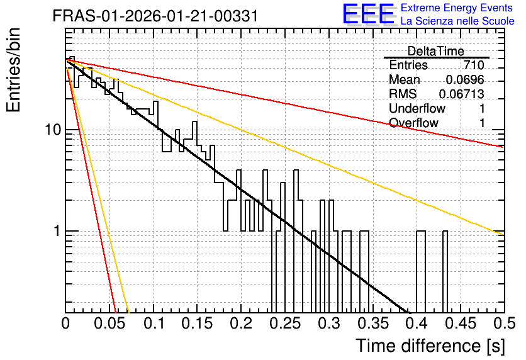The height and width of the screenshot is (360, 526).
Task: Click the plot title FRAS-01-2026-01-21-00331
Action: tap(155, 16)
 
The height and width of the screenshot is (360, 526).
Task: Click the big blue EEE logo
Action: tap(369, 14)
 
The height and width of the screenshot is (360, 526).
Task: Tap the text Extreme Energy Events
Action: tap(457, 8)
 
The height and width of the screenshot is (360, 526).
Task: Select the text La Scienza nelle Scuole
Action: tap(457, 21)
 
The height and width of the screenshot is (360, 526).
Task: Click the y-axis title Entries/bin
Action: tap(13, 70)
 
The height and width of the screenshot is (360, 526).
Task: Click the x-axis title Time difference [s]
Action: tap(430, 346)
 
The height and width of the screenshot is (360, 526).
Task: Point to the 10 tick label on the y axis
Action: tap(53, 130)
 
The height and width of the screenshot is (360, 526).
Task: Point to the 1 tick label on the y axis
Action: tap(57, 231)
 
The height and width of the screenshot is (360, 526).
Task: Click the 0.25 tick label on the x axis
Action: tap(285, 323)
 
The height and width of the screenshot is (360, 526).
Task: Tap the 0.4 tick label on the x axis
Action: tap(417, 323)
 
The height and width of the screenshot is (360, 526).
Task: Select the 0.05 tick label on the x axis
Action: tap(109, 323)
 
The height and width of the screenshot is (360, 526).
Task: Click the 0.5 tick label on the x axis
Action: tap(505, 323)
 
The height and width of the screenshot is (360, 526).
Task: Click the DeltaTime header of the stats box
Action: tap(436, 51)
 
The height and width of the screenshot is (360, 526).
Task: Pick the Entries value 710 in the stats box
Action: tap(474, 65)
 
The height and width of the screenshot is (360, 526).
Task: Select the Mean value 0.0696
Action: tap(465, 79)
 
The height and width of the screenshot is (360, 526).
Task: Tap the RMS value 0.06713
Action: tap(461, 94)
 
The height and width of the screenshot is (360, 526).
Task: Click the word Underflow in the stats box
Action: tap(417, 108)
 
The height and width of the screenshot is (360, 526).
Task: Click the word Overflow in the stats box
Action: tap(413, 123)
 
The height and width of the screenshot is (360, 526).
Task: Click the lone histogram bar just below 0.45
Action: tap(445, 271)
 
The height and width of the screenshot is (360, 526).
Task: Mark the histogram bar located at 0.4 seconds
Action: tap(421, 271)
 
